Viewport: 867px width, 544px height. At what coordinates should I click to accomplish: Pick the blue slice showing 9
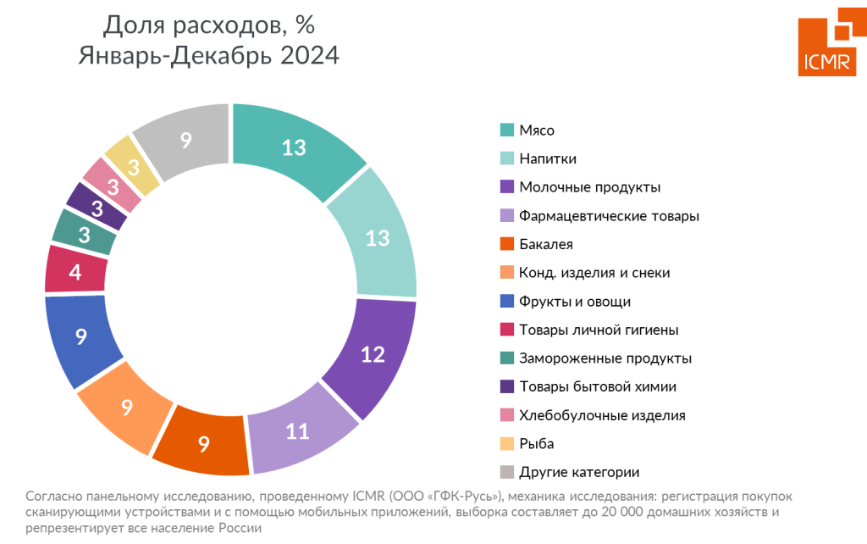80,336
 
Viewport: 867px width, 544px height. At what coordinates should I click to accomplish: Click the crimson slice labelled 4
75,273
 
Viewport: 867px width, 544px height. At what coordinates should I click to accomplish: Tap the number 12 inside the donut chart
373,355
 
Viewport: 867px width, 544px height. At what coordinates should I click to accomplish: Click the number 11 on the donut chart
297,432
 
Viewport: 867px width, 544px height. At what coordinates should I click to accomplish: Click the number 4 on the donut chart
75,274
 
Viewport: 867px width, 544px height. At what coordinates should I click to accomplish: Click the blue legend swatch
506,301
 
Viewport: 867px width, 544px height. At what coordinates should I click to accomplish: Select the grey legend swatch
506,472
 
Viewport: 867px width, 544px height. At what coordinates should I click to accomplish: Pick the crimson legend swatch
506,329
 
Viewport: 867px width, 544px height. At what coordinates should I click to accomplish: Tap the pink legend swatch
506,415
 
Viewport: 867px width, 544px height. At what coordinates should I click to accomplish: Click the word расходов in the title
225,26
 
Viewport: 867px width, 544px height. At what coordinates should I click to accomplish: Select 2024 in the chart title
309,57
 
